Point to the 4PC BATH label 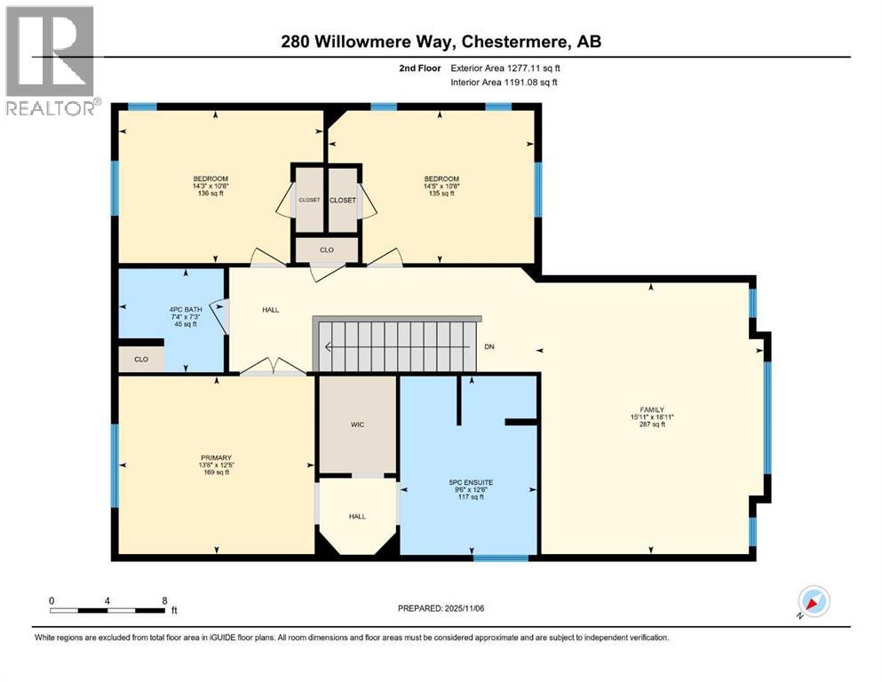182,310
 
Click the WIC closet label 357,424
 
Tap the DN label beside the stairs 489,345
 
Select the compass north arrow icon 813,601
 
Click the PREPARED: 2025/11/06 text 441,608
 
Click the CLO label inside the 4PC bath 141,360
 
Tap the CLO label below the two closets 327,250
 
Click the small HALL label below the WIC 356,516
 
